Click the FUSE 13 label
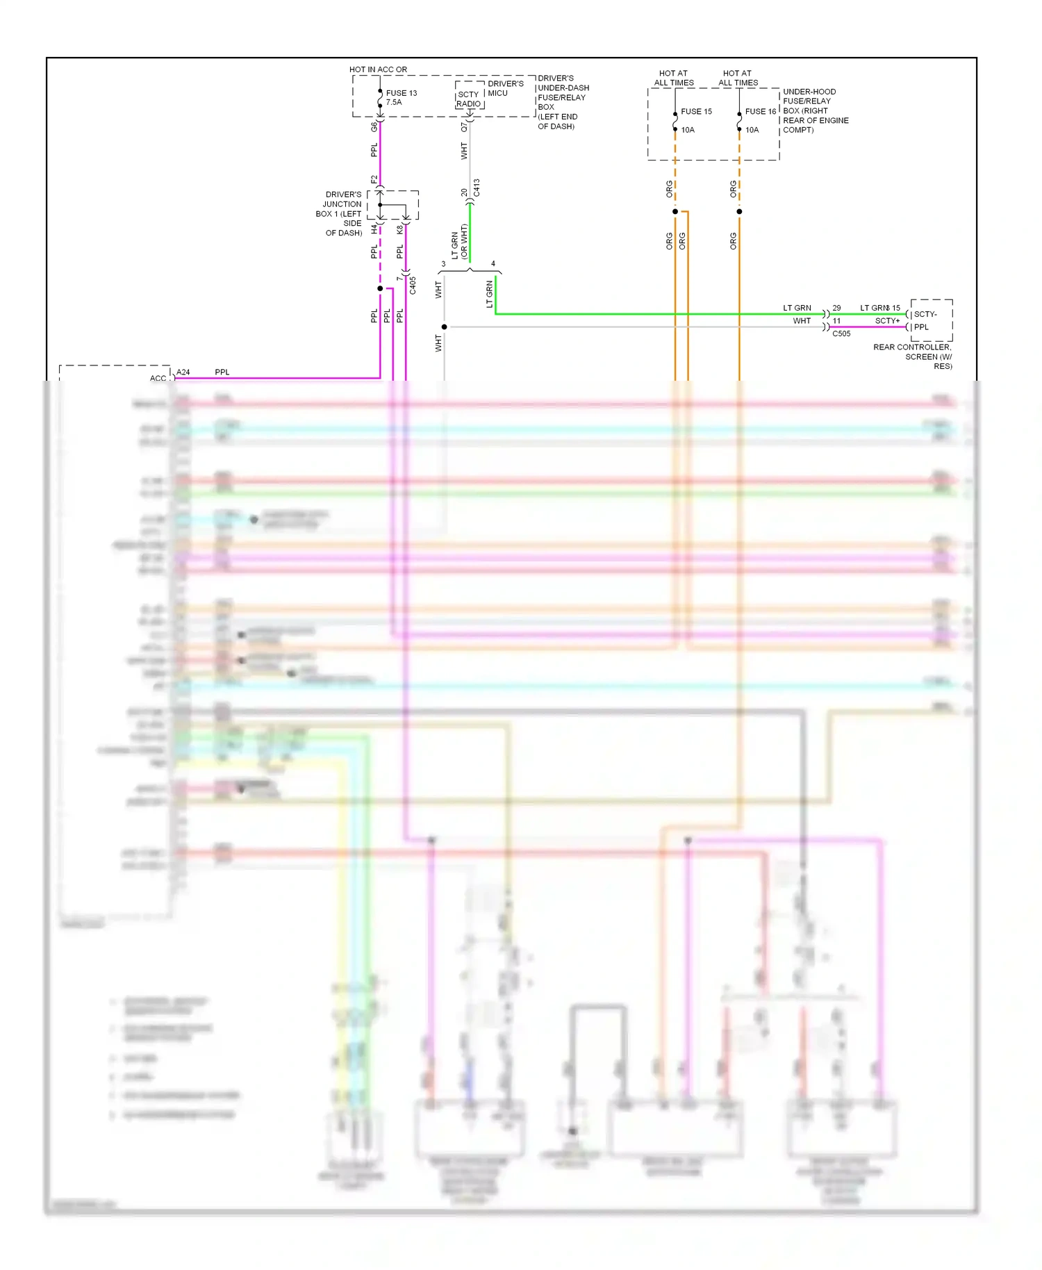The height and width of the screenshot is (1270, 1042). (x=402, y=93)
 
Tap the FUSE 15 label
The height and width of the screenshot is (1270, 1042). (x=696, y=111)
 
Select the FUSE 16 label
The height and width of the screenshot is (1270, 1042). (x=760, y=111)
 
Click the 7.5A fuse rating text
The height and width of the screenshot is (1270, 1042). (x=394, y=102)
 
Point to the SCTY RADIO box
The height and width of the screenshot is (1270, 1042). (x=469, y=99)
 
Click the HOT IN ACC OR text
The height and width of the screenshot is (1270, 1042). (x=378, y=69)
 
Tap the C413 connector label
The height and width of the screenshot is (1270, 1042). (x=477, y=188)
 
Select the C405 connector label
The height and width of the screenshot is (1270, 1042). (x=413, y=286)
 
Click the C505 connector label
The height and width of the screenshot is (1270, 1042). (x=841, y=333)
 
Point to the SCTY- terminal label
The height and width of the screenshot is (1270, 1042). (x=925, y=314)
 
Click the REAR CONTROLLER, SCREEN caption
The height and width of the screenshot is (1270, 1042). (x=913, y=356)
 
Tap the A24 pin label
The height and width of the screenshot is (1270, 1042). (x=183, y=372)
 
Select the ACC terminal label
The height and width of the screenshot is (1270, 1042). (x=158, y=379)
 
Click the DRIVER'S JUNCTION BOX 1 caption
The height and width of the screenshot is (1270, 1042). (x=340, y=214)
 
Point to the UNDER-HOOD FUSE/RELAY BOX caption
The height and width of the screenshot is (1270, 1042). (x=815, y=110)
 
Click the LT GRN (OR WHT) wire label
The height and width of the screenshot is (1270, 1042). (x=459, y=242)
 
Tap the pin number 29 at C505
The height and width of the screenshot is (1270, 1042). (x=836, y=308)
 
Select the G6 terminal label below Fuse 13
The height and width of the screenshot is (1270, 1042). (x=374, y=127)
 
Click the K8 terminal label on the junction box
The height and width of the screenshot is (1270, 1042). (x=400, y=229)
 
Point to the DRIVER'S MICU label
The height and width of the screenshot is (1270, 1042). (x=505, y=88)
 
